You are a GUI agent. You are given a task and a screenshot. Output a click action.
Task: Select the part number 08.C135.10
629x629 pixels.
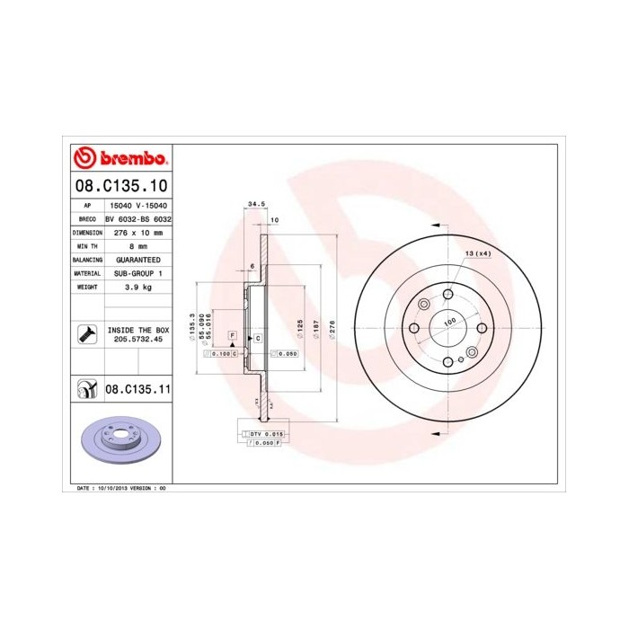pos(121,187)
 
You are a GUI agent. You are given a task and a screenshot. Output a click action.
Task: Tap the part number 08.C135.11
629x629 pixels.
pos(138,389)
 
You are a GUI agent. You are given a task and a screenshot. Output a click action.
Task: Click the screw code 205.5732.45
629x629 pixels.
pos(137,340)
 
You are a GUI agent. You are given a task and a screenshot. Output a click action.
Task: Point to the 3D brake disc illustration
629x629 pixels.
pos(120,440)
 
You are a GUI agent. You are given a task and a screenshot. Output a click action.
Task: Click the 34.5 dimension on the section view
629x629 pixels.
pos(255,205)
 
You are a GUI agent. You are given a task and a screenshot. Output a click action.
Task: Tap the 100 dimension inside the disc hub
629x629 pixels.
pos(448,321)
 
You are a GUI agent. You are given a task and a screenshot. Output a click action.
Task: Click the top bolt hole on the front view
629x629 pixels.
pos(447,293)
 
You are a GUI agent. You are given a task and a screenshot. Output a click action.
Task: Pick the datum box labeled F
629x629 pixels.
pos(232,334)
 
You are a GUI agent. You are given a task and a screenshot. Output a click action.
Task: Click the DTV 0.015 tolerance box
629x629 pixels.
pos(266,433)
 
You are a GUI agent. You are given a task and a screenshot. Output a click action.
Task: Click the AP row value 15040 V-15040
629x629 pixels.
pos(137,206)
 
